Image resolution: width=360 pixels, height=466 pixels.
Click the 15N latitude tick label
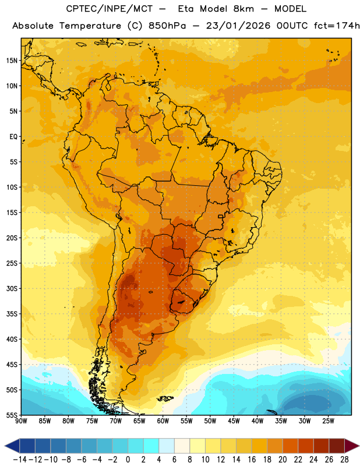pyautogui.click(x=12, y=61)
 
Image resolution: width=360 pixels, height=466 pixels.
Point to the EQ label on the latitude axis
pyautogui.click(x=13, y=137)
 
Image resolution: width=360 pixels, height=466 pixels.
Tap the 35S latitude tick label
pyautogui.click(x=12, y=314)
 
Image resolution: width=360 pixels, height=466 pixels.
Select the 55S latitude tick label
pyautogui.click(x=12, y=415)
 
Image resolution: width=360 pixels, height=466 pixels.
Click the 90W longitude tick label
pyautogui.click(x=21, y=421)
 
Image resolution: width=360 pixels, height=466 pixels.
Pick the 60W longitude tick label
pyautogui.click(x=163, y=421)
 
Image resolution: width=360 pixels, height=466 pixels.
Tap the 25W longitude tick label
pyautogui.click(x=328, y=421)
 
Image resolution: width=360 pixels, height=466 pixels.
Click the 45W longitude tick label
pyautogui.click(x=234, y=421)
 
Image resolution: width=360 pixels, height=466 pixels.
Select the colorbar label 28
pyautogui.click(x=344, y=460)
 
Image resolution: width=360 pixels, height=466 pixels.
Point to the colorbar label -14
pyautogui.click(x=20, y=460)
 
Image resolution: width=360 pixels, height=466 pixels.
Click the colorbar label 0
pyautogui.click(x=128, y=460)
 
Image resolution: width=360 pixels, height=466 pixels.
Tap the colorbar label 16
pyautogui.click(x=252, y=460)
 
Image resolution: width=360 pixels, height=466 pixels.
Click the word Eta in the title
pyautogui.click(x=186, y=9)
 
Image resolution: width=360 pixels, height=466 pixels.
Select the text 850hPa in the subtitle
pyautogui.click(x=167, y=26)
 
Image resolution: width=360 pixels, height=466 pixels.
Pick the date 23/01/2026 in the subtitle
pyautogui.click(x=238, y=26)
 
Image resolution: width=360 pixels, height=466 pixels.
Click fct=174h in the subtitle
pyautogui.click(x=337, y=26)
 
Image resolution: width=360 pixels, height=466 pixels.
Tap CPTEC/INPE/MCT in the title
pyautogui.click(x=110, y=9)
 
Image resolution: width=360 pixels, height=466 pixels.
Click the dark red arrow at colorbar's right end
pyautogui.click(x=352, y=446)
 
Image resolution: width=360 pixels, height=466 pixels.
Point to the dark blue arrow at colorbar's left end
pyautogui.click(x=12, y=446)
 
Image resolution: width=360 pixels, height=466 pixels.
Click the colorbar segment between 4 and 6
pyautogui.click(x=167, y=446)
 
